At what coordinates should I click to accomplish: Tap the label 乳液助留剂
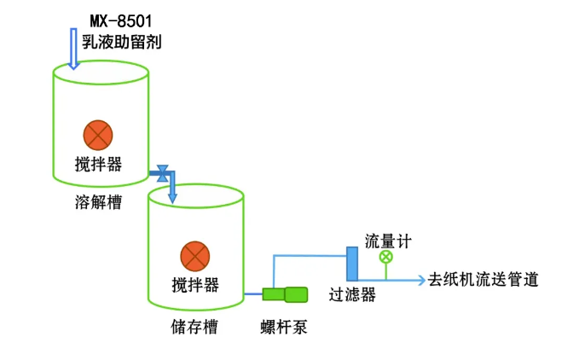click(122, 40)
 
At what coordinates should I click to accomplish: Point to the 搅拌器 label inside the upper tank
click(99, 164)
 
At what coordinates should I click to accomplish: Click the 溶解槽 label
click(98, 202)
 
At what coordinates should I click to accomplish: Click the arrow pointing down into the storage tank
click(172, 193)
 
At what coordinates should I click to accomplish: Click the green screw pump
click(285, 295)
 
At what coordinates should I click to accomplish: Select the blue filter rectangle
click(351, 263)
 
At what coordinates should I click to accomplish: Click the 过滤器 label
click(352, 295)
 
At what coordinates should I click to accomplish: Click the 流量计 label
click(388, 241)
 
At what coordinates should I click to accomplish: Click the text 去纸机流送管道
click(483, 280)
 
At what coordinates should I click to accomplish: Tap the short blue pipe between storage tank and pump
click(253, 295)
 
